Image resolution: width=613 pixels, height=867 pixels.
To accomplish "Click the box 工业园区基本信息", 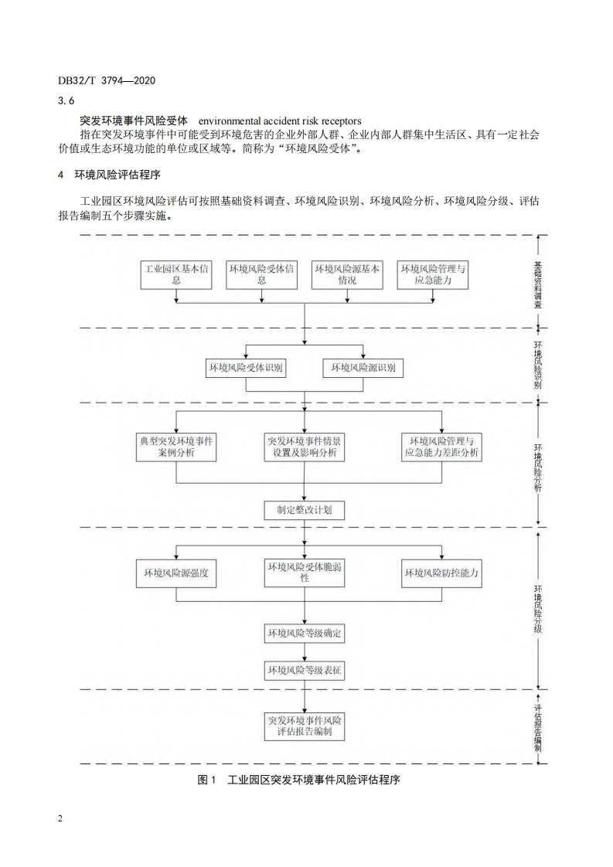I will [x=176, y=275].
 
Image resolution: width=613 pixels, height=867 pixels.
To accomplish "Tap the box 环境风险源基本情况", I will [x=347, y=275].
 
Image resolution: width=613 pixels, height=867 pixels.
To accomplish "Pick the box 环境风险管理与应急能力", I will [x=433, y=275].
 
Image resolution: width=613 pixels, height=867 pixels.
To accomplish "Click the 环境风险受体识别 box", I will [x=245, y=369].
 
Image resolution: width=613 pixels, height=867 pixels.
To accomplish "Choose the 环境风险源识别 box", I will [x=363, y=369].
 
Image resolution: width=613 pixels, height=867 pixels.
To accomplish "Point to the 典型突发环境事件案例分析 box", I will [x=176, y=447].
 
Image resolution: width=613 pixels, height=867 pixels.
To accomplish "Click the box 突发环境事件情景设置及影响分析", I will [x=305, y=447].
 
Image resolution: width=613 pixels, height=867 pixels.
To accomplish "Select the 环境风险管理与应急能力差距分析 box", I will [x=442, y=447].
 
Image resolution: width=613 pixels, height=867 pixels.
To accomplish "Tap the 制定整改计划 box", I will [x=305, y=510].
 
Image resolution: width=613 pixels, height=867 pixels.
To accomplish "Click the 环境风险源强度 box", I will [x=176, y=573].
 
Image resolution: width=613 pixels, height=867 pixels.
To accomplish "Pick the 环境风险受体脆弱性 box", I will [x=305, y=573].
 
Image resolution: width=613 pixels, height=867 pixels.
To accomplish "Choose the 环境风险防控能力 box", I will [x=442, y=573].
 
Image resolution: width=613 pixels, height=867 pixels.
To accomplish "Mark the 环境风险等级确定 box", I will [x=305, y=634].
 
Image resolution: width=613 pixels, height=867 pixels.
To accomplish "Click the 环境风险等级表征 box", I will [x=305, y=671].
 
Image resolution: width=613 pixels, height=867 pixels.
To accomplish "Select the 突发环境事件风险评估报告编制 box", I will [x=305, y=726].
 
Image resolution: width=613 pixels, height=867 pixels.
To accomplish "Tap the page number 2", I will [x=60, y=819].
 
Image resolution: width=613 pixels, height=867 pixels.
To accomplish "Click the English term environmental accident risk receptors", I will [x=280, y=121].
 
